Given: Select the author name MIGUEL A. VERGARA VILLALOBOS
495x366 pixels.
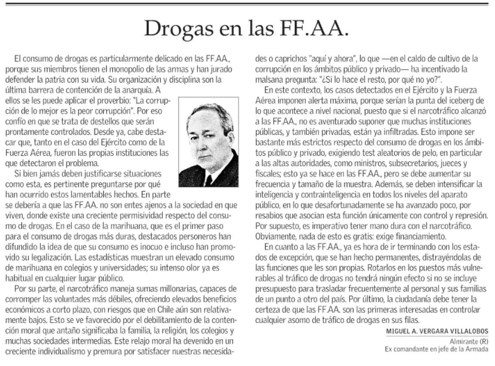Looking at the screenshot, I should (x=436, y=331).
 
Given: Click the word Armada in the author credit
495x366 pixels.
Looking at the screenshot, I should (x=478, y=349).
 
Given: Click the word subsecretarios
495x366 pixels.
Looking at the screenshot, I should (x=396, y=163).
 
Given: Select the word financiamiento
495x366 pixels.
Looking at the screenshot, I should (x=417, y=236).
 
